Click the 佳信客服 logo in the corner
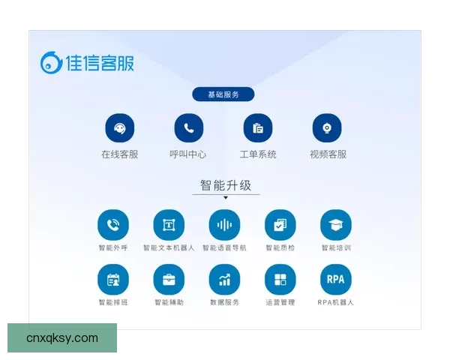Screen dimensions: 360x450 point(88,63)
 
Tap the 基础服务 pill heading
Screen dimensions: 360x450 point(223,94)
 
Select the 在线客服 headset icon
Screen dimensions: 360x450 point(120,128)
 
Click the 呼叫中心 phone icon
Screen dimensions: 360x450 point(189,128)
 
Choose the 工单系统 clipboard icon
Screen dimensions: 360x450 point(258,128)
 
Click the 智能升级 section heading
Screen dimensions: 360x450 point(226,185)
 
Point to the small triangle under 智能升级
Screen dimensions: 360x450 point(226,198)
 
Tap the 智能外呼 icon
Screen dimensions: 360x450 point(113,224)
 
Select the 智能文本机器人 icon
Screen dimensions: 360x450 point(169,224)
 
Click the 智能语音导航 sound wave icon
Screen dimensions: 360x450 point(224,224)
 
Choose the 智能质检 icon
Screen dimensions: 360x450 point(280,224)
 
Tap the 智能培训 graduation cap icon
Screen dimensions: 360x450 point(335,224)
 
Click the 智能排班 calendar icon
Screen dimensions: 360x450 point(113,280)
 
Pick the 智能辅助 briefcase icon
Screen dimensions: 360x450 point(169,280)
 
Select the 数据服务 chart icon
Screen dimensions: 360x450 point(224,280)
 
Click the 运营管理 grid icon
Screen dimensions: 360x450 point(280,280)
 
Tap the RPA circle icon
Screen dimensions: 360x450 point(335,280)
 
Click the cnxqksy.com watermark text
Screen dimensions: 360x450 point(62,338)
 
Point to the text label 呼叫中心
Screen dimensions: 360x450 point(188,154)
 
